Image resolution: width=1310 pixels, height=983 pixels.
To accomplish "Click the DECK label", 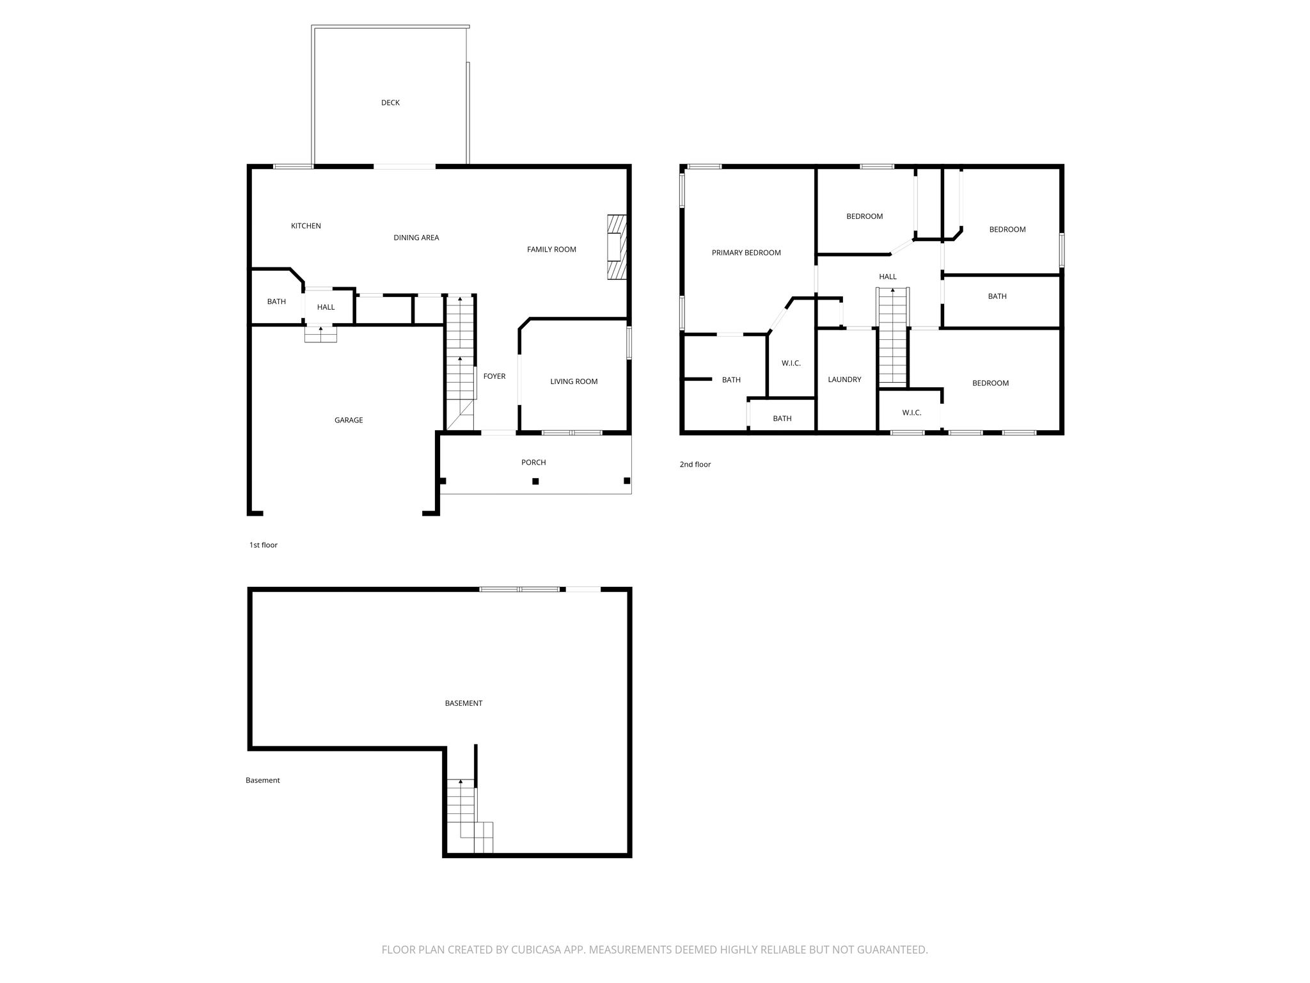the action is tap(390, 102).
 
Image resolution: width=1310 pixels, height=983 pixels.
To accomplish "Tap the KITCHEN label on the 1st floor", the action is tap(306, 226).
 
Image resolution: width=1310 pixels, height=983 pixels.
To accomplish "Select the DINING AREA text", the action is tap(416, 237).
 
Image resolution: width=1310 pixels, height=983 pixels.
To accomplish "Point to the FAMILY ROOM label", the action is tap(551, 250).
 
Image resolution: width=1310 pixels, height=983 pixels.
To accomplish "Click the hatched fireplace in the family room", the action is tap(617, 247).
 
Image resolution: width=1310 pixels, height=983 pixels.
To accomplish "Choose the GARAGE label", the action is tap(349, 420).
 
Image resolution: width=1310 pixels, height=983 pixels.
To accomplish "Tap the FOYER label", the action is tap(494, 376).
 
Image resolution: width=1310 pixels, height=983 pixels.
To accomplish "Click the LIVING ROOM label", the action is tap(574, 381).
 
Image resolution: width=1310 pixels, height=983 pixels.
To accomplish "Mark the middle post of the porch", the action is tap(536, 481).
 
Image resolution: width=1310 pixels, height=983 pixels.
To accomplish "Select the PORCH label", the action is tap(533, 462).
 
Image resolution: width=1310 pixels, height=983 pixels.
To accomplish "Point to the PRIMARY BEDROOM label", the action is tap(746, 253).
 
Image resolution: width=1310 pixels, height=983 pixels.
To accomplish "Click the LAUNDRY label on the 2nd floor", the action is tap(844, 380).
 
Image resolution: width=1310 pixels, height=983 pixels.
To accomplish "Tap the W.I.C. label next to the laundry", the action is tap(791, 364).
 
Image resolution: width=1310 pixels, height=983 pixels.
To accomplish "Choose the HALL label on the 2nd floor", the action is tap(888, 276).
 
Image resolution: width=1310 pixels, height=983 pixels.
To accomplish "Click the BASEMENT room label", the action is tap(464, 703).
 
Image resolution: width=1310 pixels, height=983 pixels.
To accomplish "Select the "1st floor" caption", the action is tap(264, 545).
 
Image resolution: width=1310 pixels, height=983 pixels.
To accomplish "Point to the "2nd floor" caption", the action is tap(695, 465).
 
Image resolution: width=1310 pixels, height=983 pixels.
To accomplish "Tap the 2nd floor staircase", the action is tap(892, 337).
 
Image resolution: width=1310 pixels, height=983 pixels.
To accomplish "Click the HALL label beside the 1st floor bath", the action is tap(326, 307).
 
